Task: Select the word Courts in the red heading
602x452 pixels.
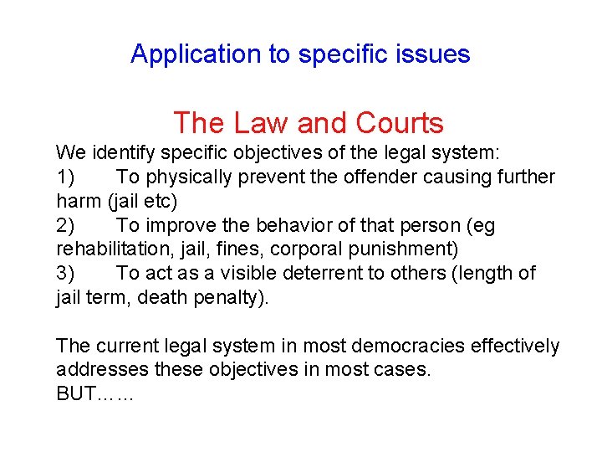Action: pyautogui.click(x=399, y=124)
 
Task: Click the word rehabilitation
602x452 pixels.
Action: pyautogui.click(x=104, y=249)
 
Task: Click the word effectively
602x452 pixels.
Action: pyautogui.click(x=511, y=346)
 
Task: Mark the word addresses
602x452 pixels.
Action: pyautogui.click(x=94, y=370)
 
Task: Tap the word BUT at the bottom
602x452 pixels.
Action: pyautogui.click(x=74, y=394)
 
